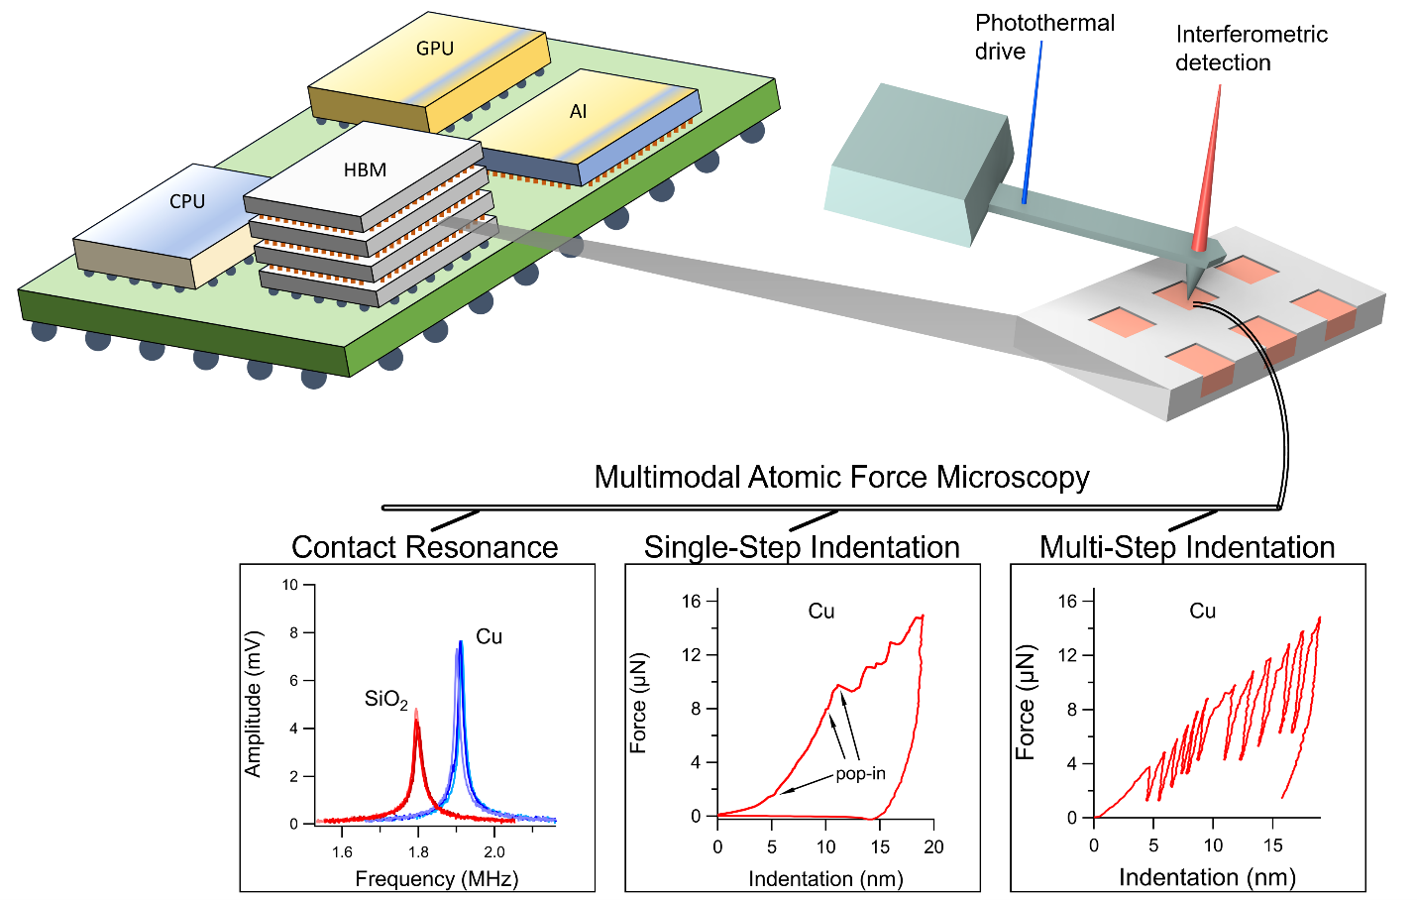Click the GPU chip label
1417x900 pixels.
(x=435, y=49)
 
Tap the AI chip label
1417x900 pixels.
(x=579, y=112)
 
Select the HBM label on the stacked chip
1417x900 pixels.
(x=365, y=170)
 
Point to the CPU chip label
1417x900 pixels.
(x=187, y=202)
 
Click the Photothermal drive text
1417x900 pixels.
(x=1043, y=38)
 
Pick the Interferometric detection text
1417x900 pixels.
(x=1251, y=49)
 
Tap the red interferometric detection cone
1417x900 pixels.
(x=1207, y=178)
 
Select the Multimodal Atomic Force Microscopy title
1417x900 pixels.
(x=841, y=478)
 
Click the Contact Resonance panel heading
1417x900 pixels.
(x=424, y=547)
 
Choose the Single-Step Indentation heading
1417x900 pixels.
(x=802, y=547)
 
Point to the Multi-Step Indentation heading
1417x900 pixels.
(x=1187, y=547)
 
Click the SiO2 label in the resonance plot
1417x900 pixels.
(x=385, y=700)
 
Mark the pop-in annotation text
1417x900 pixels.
(x=860, y=774)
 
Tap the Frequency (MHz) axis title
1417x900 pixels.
(x=436, y=879)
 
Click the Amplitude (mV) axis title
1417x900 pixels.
(x=254, y=704)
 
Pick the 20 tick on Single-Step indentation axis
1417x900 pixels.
(x=933, y=847)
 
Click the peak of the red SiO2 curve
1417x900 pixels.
(x=416, y=713)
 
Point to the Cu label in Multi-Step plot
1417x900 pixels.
(x=1202, y=612)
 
